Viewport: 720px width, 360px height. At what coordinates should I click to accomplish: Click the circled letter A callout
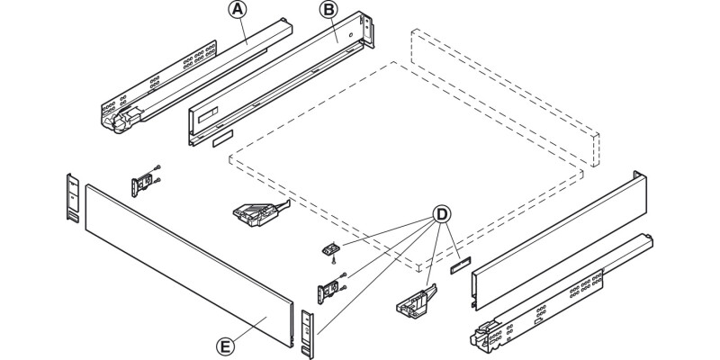(x=238, y=11)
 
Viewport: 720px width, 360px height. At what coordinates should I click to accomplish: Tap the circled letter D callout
(x=442, y=216)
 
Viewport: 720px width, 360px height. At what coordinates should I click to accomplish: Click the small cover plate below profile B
(x=221, y=141)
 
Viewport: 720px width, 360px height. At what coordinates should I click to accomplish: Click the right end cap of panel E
(x=308, y=328)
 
